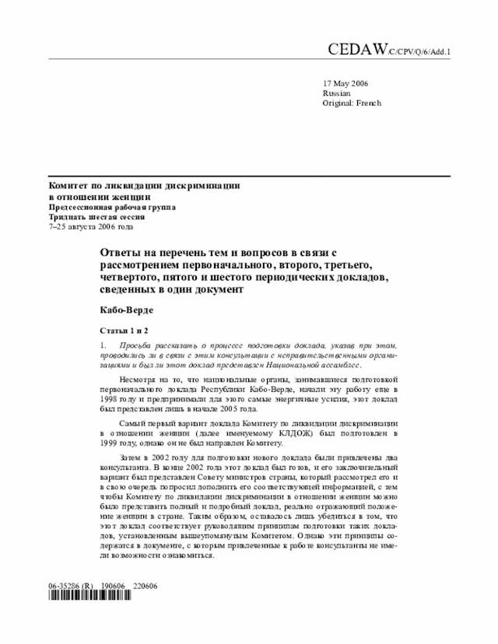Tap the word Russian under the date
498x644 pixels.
click(336, 93)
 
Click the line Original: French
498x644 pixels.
click(352, 103)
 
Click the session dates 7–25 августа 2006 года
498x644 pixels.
click(91, 228)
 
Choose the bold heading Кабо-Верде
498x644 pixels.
click(121, 310)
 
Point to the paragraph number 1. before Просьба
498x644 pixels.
click(102, 345)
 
